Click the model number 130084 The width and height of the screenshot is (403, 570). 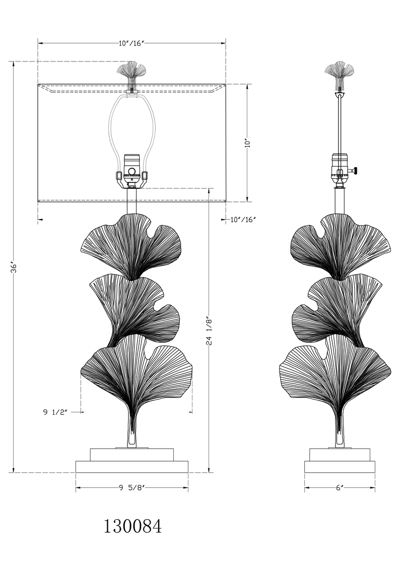point(133,526)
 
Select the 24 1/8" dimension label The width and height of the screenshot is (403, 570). point(209,330)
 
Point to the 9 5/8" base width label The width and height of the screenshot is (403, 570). point(132,488)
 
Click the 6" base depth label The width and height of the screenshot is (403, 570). point(340,488)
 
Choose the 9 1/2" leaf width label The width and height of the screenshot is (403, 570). point(55,412)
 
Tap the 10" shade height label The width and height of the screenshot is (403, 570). point(248,142)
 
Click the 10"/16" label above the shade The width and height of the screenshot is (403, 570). point(131,43)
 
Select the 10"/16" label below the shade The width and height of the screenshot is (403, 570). point(244,219)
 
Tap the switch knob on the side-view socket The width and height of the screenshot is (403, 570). point(356,170)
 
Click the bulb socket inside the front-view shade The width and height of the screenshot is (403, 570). point(131,171)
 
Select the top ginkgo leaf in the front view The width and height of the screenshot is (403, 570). point(130,246)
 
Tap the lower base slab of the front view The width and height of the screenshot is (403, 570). point(132,467)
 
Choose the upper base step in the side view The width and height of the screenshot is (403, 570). point(340,454)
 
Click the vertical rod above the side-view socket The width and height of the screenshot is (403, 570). point(340,124)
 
